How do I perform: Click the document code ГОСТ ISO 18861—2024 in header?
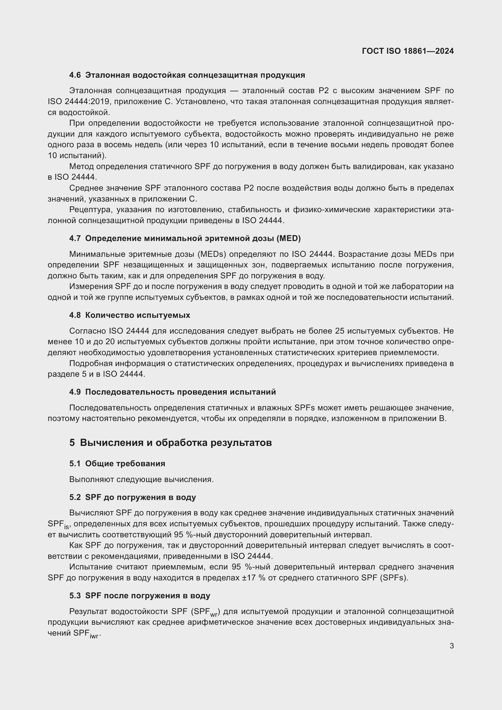[407, 51]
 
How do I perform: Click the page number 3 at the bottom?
[452, 646]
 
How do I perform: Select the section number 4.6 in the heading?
[75, 75]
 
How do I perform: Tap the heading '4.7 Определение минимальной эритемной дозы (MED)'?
[185, 238]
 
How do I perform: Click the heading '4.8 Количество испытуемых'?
[130, 315]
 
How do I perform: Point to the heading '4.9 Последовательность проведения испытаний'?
[172, 392]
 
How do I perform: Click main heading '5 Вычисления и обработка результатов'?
[170, 443]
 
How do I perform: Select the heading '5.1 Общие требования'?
[117, 464]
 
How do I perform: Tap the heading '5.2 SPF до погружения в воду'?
[133, 497]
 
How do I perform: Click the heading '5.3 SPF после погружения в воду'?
[140, 596]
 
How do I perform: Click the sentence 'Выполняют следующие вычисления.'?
[141, 479]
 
